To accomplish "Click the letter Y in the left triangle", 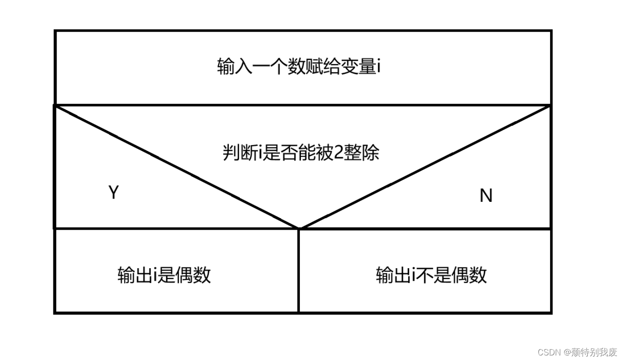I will point(114,192).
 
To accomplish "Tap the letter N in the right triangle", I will point(486,196).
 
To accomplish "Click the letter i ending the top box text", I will point(379,67).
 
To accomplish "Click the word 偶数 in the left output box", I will point(193,275).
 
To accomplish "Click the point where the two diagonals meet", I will point(299,228).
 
